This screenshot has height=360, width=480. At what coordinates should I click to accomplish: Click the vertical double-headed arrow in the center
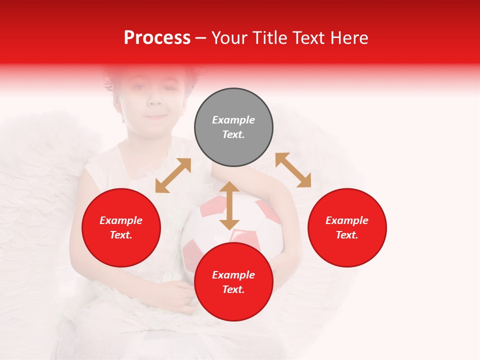point(229,205)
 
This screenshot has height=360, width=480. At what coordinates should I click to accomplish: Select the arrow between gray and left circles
point(173,175)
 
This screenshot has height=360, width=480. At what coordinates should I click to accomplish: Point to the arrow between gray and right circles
point(293,170)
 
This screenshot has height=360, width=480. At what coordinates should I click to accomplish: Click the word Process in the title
point(157,38)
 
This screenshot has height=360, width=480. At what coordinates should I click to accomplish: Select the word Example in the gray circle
point(233,120)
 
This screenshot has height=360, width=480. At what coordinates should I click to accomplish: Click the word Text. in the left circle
point(121,235)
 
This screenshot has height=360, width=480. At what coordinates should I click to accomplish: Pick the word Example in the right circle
point(347,220)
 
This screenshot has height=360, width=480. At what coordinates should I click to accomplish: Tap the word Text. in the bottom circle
point(233,289)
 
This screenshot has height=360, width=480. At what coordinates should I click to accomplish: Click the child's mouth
point(156,117)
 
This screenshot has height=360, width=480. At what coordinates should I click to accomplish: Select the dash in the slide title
point(201,38)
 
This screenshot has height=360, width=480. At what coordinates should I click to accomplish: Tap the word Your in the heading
point(229,38)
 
